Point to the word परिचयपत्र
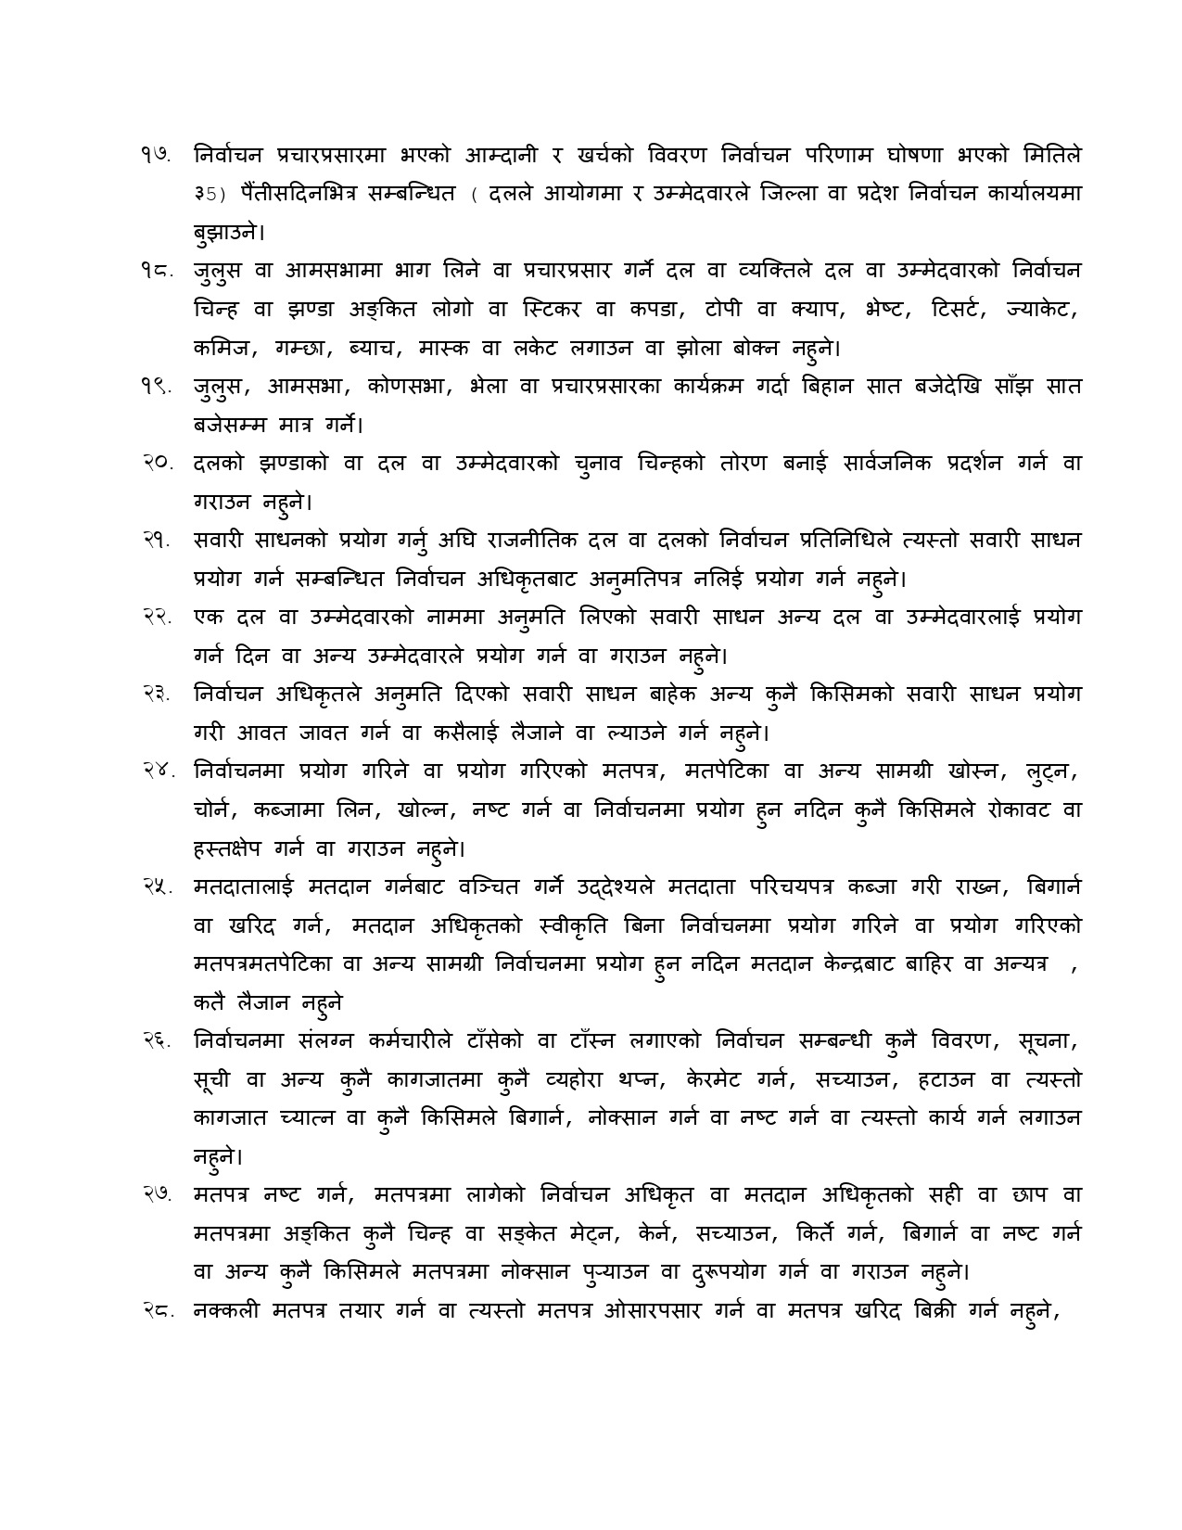(792, 886)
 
